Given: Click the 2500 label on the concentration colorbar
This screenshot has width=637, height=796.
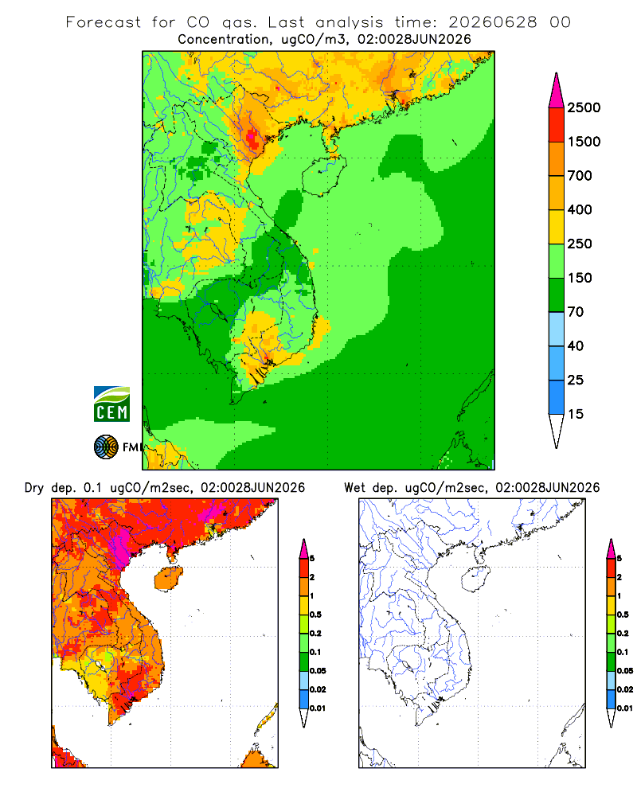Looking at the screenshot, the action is click(584, 107).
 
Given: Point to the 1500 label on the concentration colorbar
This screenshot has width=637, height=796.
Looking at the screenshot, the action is click(584, 142).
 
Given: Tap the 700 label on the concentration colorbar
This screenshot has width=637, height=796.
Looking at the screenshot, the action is click(580, 176).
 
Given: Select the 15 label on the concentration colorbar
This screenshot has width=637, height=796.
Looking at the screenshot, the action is click(576, 414).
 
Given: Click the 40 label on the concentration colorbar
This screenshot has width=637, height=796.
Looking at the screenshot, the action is click(576, 345).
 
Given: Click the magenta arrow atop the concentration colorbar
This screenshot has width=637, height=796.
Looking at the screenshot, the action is click(557, 91).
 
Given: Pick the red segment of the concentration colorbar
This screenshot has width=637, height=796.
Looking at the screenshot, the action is click(557, 125).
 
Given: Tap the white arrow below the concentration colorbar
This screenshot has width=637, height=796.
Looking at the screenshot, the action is click(557, 431).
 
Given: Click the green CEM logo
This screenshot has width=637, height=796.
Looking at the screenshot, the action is click(111, 404).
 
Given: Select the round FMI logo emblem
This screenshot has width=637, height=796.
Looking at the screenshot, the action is click(106, 447).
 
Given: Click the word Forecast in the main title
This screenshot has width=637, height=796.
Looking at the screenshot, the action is click(104, 22).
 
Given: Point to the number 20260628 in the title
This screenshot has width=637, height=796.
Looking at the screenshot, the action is click(493, 22).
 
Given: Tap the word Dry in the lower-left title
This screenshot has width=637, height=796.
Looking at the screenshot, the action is click(34, 488).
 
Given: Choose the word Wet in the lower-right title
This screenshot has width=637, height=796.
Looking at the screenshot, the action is click(354, 488).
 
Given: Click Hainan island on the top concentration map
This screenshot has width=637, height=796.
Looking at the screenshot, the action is click(324, 176).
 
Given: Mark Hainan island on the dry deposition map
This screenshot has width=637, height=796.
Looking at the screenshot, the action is click(169, 579).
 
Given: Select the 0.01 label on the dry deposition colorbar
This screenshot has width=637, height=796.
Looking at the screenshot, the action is click(318, 708).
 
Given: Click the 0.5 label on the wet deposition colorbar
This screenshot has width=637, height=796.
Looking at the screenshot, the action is click(623, 615).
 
